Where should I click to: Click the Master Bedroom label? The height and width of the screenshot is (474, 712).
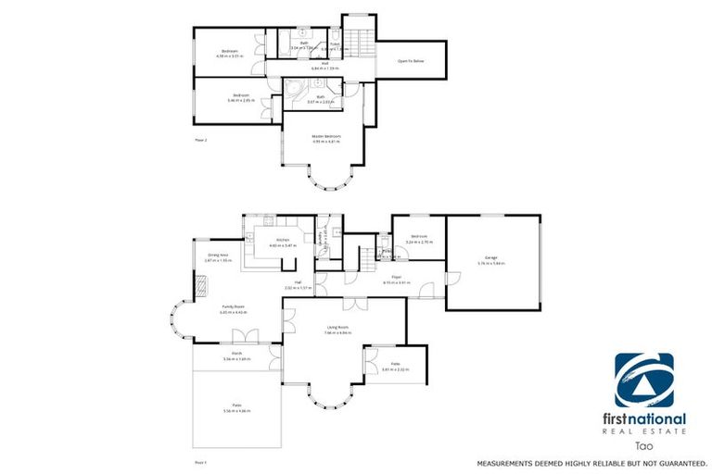[x=326, y=136]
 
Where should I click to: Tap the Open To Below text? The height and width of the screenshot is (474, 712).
[x=411, y=61]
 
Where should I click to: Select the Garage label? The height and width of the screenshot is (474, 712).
[x=491, y=257]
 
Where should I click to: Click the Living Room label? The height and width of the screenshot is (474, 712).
[x=337, y=327]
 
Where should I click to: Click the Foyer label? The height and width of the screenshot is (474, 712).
[x=397, y=276]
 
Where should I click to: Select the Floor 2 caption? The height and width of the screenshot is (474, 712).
[x=200, y=140]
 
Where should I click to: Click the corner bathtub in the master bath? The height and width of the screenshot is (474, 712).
[x=295, y=94]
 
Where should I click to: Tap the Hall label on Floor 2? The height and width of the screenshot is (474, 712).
[x=324, y=64]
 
